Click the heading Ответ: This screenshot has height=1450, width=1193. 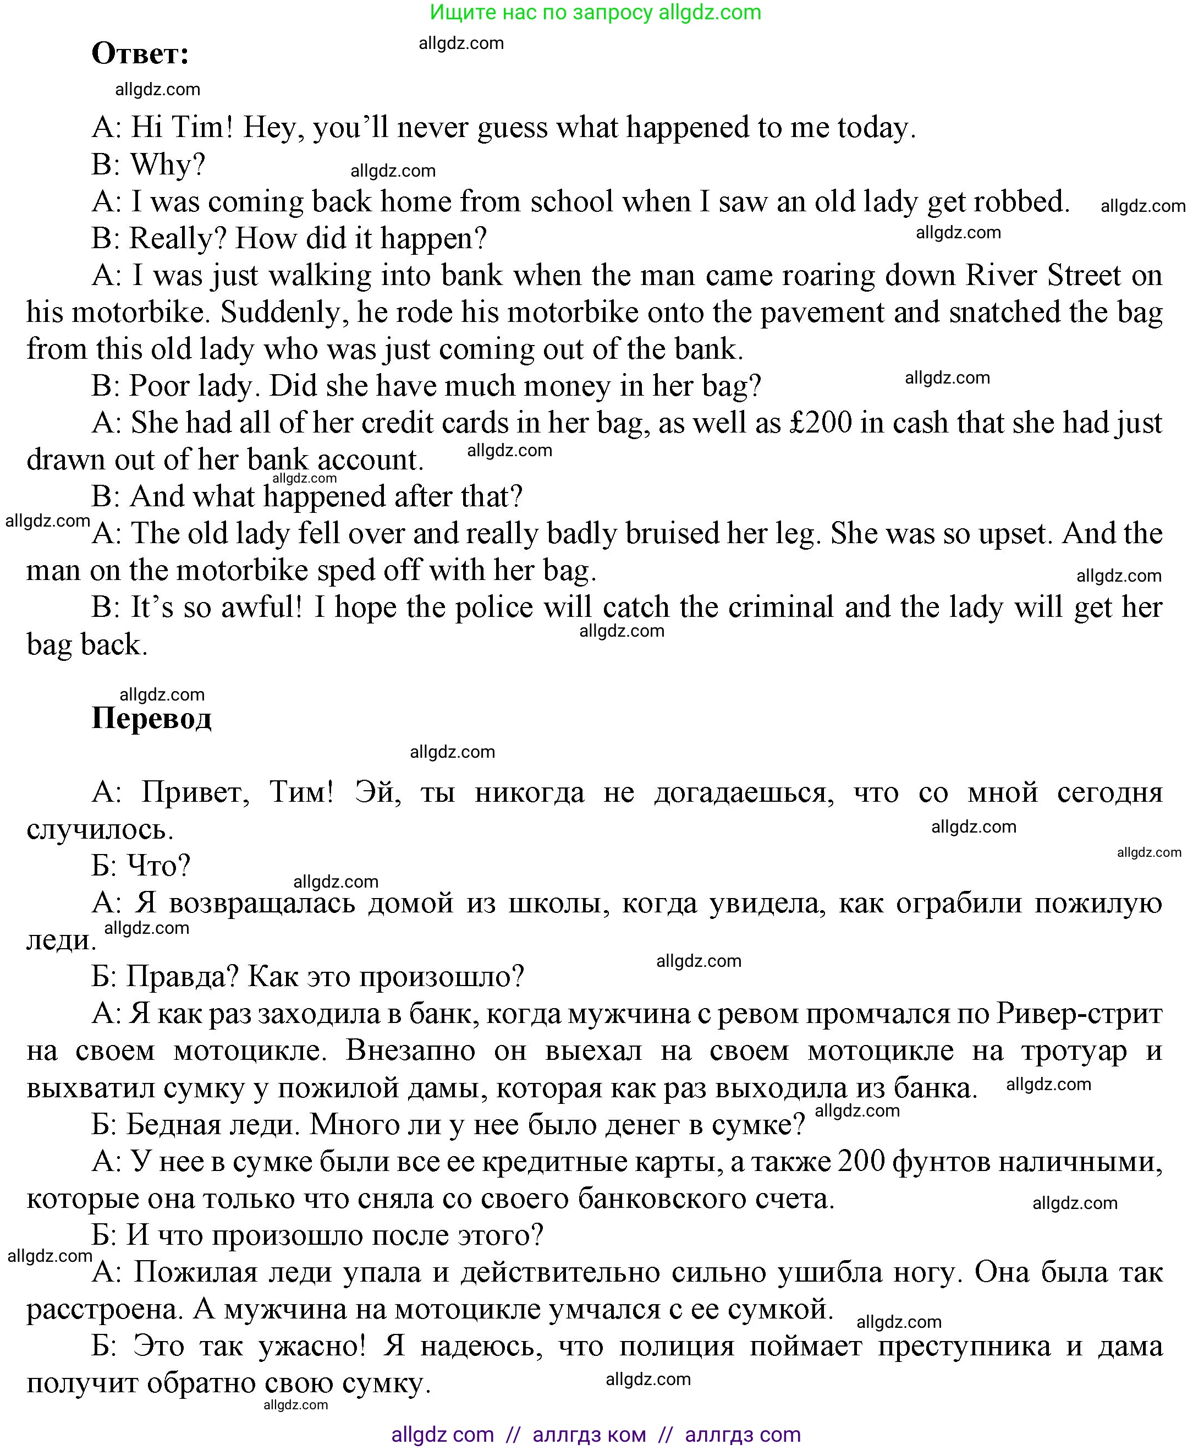140,53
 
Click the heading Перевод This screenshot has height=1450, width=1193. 151,719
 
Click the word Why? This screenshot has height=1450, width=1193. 168,165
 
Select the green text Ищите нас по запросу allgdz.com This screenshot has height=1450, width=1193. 595,12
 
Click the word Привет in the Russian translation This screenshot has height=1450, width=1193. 195,792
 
